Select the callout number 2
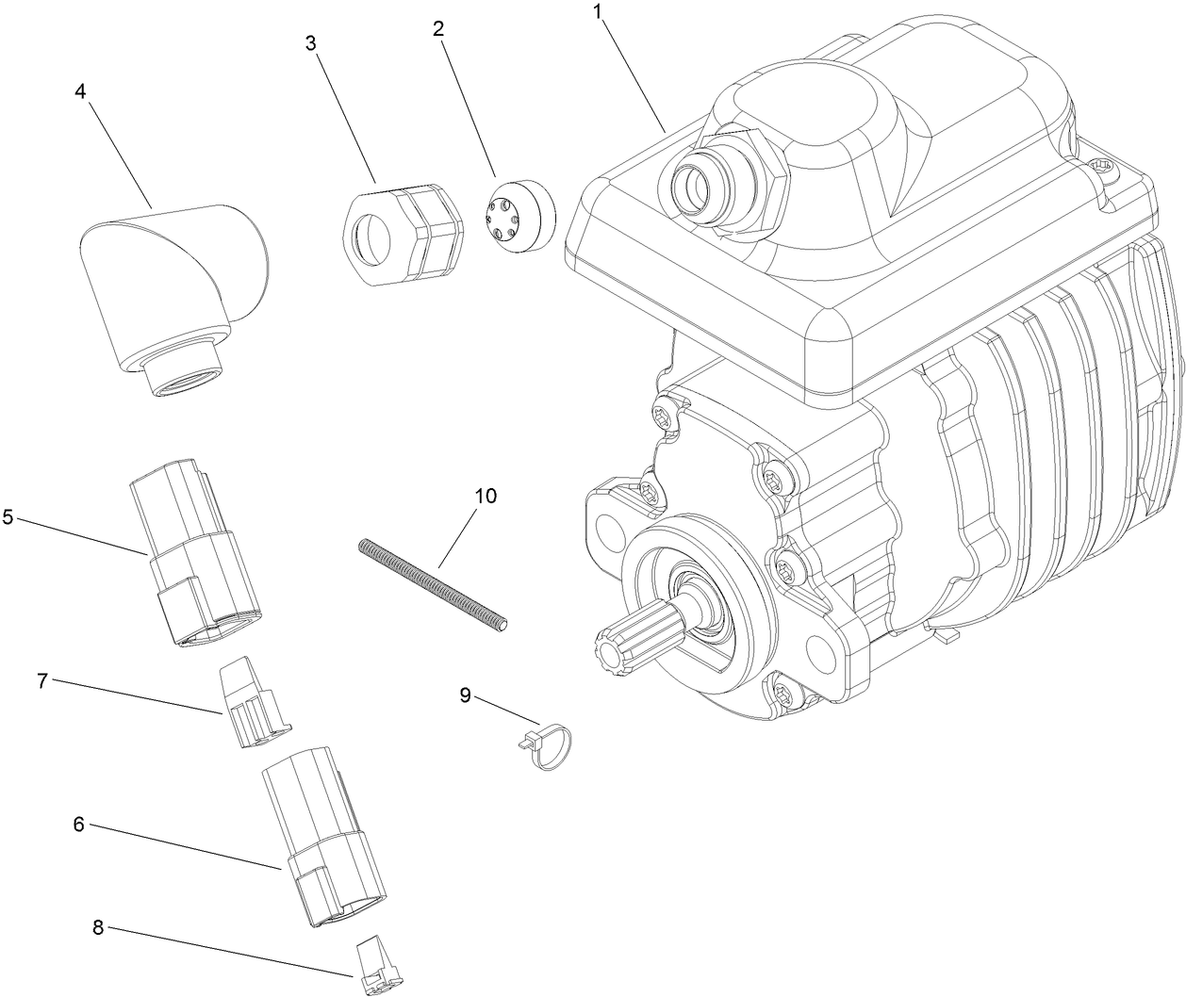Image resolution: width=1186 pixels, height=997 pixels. click(438, 28)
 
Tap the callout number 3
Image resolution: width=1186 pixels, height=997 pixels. click(310, 44)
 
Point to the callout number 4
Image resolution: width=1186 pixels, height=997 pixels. click(80, 90)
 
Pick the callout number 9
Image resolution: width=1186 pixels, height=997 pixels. click(465, 695)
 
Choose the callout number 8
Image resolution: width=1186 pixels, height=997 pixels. click(98, 926)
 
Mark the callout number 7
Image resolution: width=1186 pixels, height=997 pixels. click(42, 680)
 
